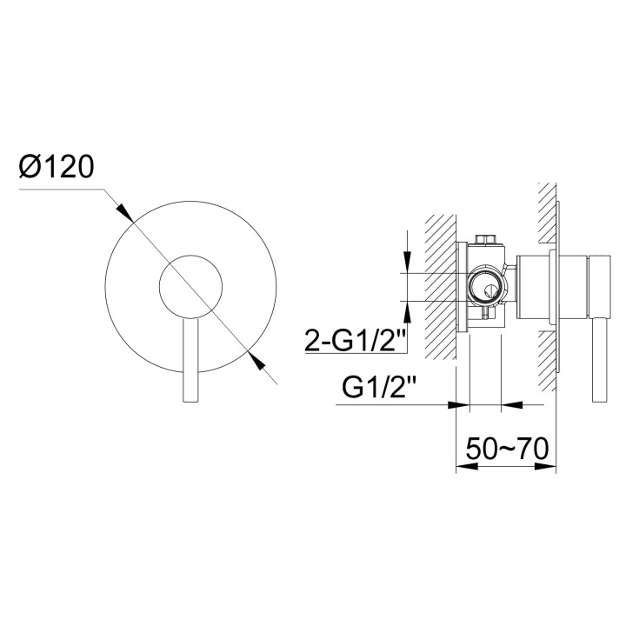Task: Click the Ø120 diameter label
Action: (57, 166)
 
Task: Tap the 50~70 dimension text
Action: (507, 449)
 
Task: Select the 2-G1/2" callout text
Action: (355, 340)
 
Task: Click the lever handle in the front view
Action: (190, 360)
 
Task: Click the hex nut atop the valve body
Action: (486, 239)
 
